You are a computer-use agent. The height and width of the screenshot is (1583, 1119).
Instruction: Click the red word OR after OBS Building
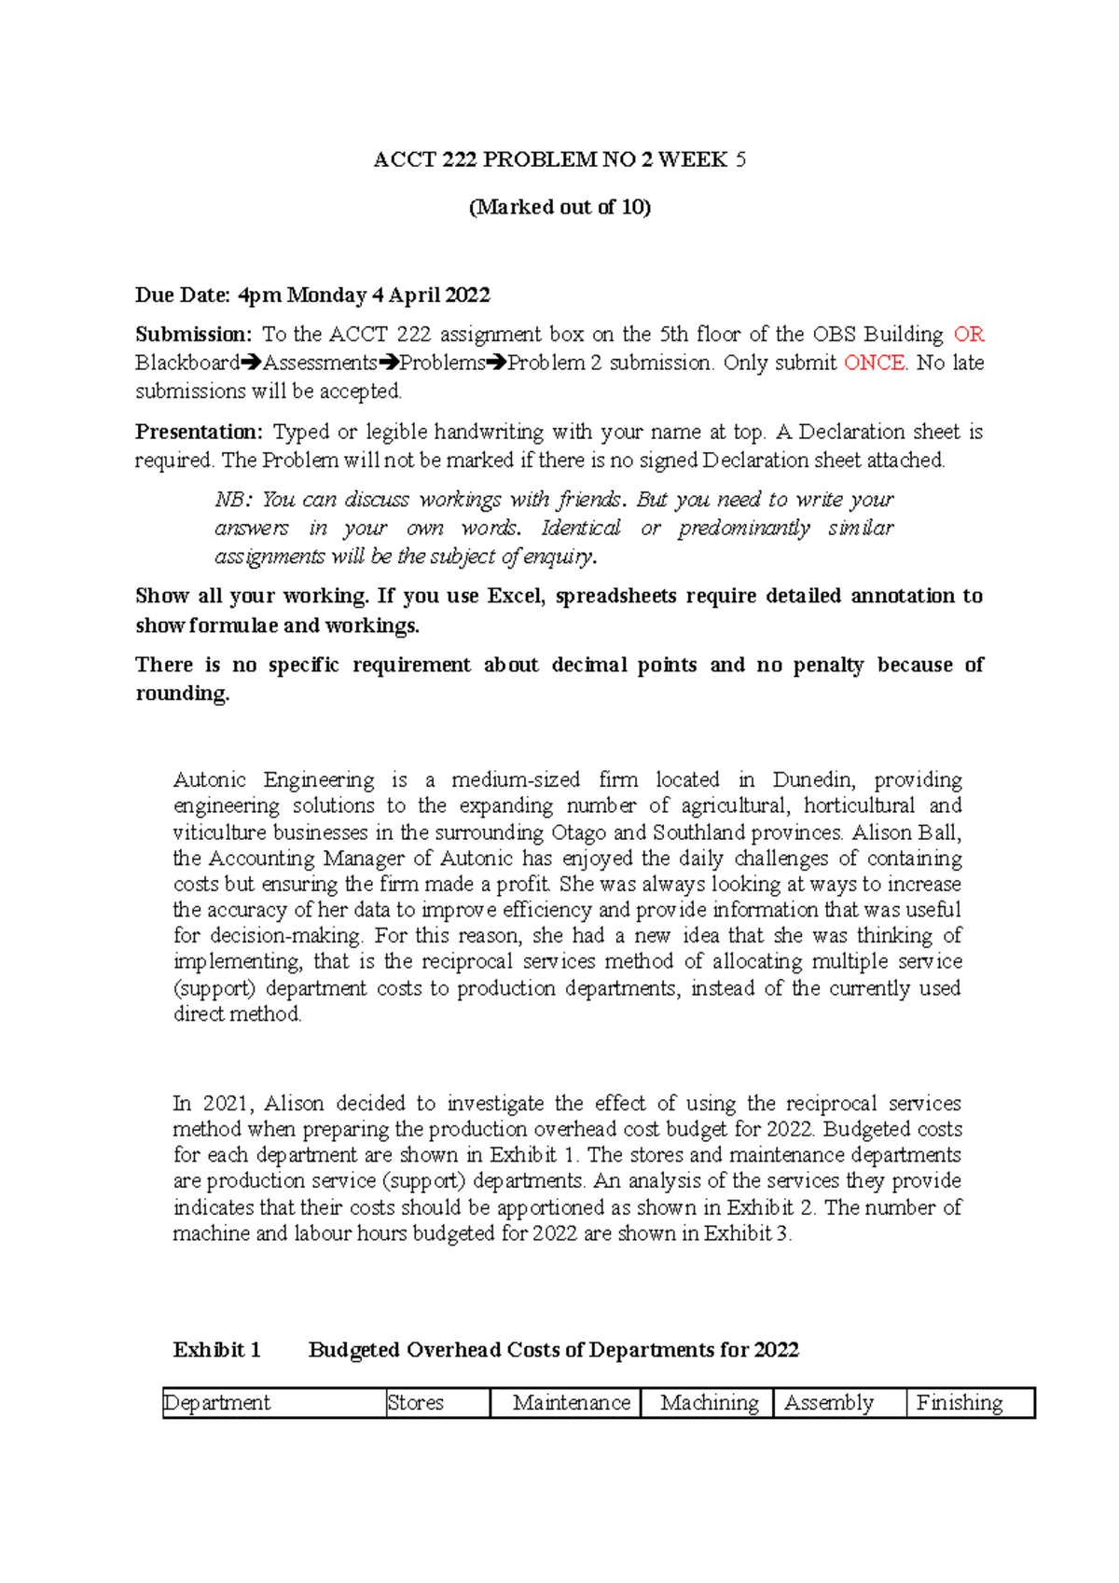tap(969, 335)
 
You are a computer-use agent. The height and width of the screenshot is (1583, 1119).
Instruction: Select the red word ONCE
tap(874, 363)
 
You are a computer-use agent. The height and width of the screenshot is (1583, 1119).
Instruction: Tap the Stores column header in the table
tap(416, 1403)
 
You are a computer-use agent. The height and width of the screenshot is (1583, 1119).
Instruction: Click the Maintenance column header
tap(571, 1403)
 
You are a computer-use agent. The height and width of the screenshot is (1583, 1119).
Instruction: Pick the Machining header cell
tap(709, 1403)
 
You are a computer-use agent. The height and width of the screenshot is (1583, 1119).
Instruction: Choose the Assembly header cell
tap(829, 1403)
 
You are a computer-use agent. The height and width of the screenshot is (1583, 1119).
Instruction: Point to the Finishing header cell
tap(960, 1403)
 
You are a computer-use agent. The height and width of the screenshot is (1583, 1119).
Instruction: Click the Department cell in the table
tap(217, 1403)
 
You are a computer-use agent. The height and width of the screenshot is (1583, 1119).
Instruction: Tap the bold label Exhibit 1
tap(216, 1350)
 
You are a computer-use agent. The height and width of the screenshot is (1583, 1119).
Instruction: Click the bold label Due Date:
tap(183, 296)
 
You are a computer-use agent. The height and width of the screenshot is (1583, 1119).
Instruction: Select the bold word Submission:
tap(194, 335)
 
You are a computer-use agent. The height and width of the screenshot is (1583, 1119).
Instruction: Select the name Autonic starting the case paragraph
tap(210, 779)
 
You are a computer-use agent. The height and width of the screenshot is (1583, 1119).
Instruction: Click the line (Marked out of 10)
tap(559, 207)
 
